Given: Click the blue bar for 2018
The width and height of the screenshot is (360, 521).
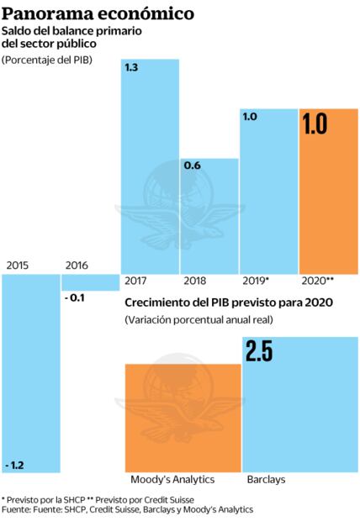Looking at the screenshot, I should (209, 215).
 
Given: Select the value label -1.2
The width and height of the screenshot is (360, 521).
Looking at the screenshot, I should (15, 465).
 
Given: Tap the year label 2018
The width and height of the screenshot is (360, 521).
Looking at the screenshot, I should (197, 282).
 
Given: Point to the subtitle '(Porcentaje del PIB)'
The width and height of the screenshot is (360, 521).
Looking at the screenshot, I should (47, 61).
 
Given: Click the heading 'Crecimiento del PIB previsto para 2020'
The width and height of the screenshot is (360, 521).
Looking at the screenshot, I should (229, 303).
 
